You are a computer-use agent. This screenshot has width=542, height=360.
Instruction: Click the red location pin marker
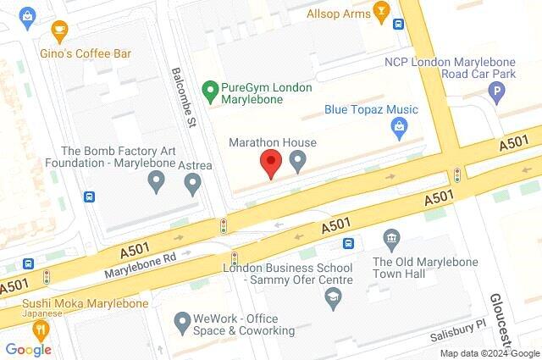pos(270,162)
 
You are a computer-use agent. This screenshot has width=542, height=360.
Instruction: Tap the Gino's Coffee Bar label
pos(86,53)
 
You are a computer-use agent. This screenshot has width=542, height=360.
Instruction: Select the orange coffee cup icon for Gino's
pos(59,32)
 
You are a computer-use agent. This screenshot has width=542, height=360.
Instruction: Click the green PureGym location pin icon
pos(208,87)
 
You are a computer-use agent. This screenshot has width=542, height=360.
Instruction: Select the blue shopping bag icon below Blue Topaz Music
pos(398,129)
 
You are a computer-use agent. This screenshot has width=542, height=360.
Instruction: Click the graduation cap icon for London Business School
pos(333,297)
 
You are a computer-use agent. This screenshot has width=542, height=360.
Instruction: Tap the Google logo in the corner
pos(29,348)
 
